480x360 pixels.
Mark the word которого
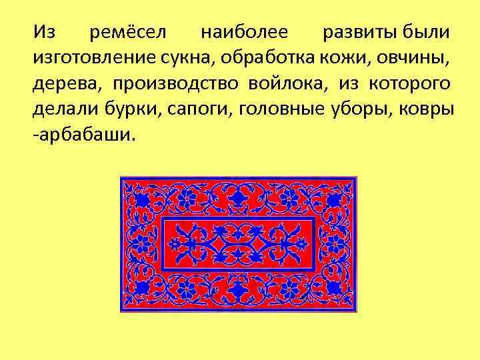tap(407, 84)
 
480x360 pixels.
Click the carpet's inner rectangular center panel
tap(238, 244)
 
